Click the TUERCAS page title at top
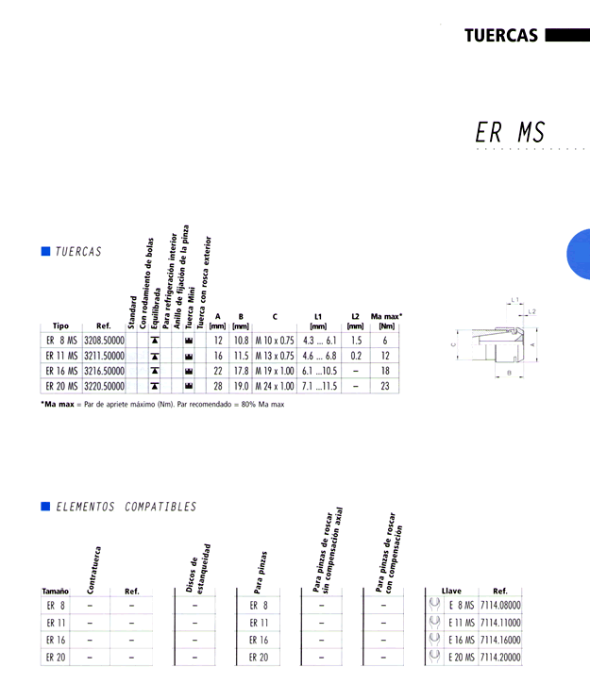click(501, 35)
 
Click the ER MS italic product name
click(510, 132)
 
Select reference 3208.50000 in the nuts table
click(104, 341)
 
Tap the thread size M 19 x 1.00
click(275, 371)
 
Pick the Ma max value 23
click(384, 386)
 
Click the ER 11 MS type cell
click(61, 356)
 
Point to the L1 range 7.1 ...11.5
click(319, 386)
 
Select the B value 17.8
click(241, 371)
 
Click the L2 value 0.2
click(356, 356)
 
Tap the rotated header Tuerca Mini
click(190, 308)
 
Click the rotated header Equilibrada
click(156, 308)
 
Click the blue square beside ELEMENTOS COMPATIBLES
click(45, 506)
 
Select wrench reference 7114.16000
click(500, 640)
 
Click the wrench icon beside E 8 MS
click(434, 604)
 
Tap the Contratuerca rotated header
click(93, 570)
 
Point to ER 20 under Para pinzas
click(259, 658)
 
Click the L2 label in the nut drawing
click(531, 311)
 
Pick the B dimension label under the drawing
click(509, 373)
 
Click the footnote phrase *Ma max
click(58, 405)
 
